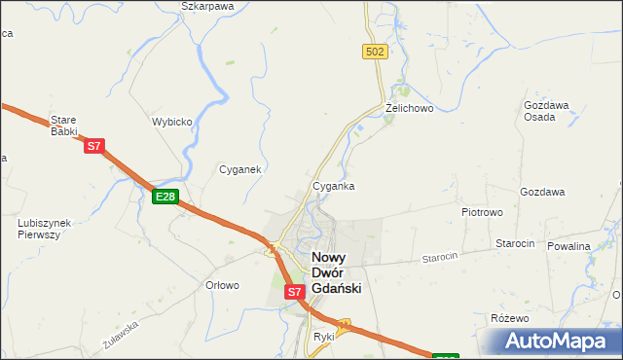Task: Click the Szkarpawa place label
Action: point(207,6)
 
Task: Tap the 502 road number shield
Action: point(376,51)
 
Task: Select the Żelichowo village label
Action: point(408,108)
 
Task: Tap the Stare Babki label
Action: point(63,126)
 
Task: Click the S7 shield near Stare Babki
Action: point(93,147)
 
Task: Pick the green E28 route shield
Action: point(165,197)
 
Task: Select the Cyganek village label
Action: point(239,168)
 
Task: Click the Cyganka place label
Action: point(333,185)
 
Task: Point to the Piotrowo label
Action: point(481,210)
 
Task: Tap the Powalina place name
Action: point(568,246)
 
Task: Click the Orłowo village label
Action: point(223,285)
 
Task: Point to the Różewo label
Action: point(509,318)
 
